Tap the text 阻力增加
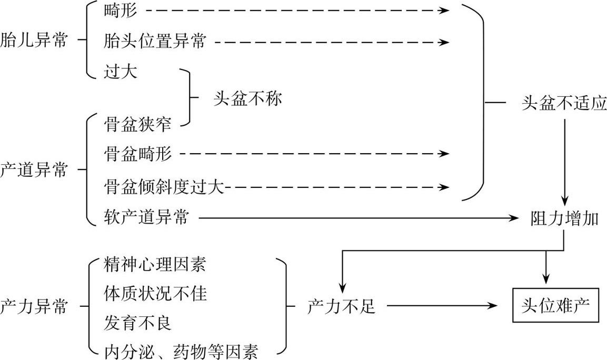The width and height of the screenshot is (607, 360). click(564, 218)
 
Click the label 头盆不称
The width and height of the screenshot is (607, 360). click(247, 98)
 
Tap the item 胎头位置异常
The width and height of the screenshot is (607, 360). click(155, 41)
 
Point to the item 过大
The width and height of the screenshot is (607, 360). click(121, 72)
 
